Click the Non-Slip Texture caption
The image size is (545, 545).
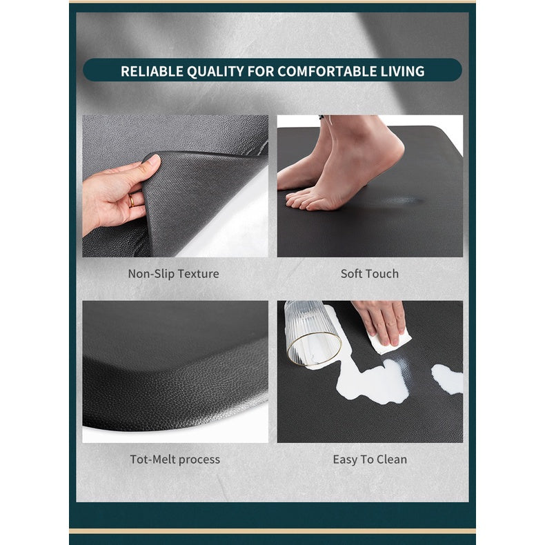pyautogui.click(x=173, y=274)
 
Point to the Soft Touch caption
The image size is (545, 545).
pyautogui.click(x=369, y=274)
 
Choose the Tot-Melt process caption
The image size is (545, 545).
pyautogui.click(x=175, y=459)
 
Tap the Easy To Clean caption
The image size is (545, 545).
pyautogui.click(x=370, y=459)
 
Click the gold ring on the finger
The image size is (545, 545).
pyautogui.click(x=130, y=201)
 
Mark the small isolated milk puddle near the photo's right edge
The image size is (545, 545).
pyautogui.click(x=446, y=378)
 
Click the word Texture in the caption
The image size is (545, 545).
pyautogui.click(x=198, y=274)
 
